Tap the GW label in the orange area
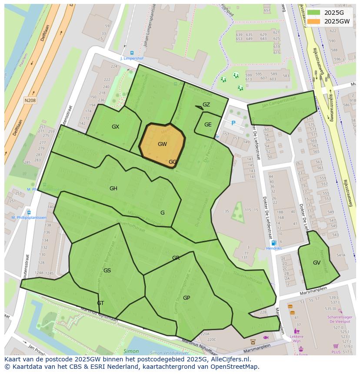[162, 144]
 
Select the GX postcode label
[115, 127]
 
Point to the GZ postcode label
[206, 105]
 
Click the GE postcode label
[208, 125]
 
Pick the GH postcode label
[113, 189]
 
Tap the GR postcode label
[176, 258]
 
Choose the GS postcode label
[107, 271]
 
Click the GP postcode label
[187, 298]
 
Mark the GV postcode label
[317, 263]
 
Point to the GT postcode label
[100, 303]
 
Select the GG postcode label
[173, 162]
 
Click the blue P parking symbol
[233, 123]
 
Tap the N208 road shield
[30, 100]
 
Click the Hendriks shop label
[273, 248]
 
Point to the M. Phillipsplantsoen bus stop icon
[29, 212]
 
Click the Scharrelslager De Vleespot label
[339, 319]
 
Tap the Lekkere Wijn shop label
[297, 339]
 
